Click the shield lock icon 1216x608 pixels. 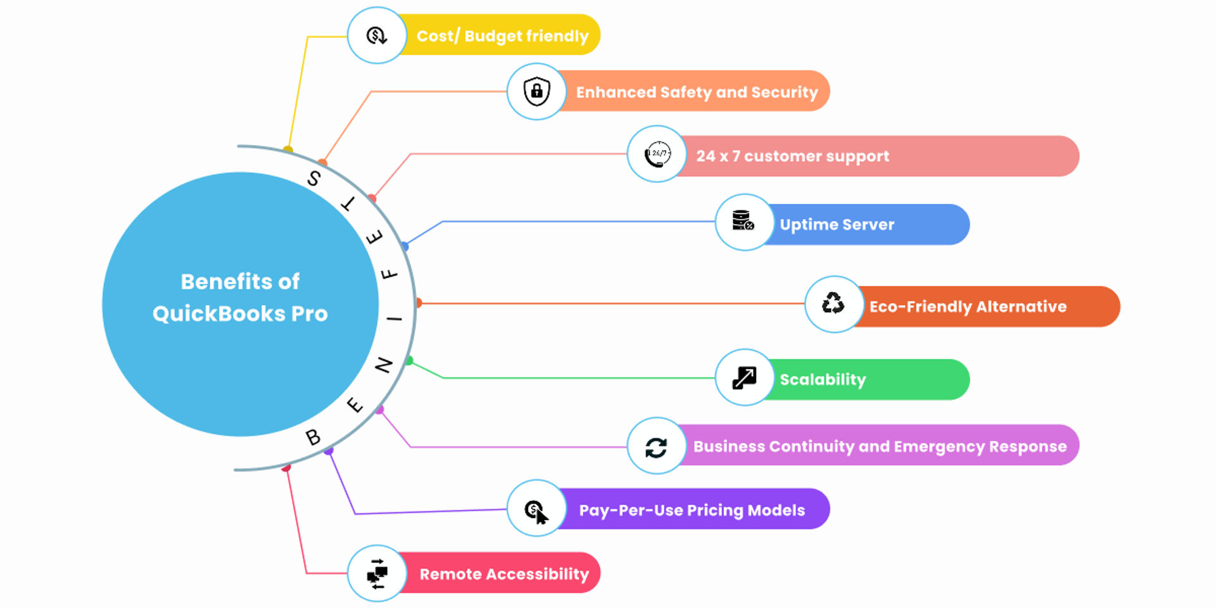[x=536, y=91]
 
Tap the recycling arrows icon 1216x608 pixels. [x=833, y=303]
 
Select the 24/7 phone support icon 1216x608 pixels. [x=657, y=154]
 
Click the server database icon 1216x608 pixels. [x=743, y=221]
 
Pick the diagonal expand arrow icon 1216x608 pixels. [x=744, y=377]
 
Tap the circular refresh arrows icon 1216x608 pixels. [x=656, y=447]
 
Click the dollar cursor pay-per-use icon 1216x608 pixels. [x=536, y=510]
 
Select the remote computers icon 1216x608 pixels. [x=377, y=574]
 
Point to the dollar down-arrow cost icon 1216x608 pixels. [x=377, y=35]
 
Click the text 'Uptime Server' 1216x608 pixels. [x=837, y=225]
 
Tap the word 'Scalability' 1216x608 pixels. [x=822, y=379]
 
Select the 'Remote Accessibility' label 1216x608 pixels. [x=504, y=574]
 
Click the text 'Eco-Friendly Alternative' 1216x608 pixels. [x=968, y=307]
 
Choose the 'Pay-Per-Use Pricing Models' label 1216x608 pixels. [x=692, y=510]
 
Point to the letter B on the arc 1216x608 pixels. [x=313, y=436]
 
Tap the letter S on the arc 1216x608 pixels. [x=313, y=178]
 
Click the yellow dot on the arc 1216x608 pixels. [x=288, y=150]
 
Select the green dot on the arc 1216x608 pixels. [x=409, y=361]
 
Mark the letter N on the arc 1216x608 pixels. [x=384, y=365]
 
